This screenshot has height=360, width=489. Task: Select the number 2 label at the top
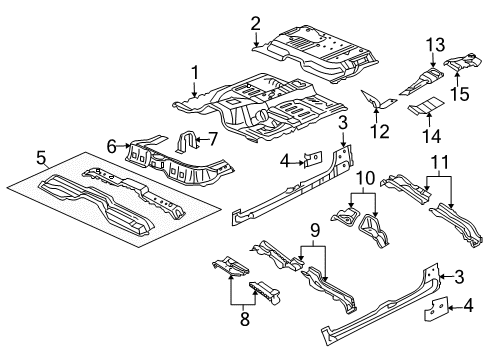pos(256,23)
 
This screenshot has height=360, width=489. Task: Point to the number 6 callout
pos(112,145)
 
